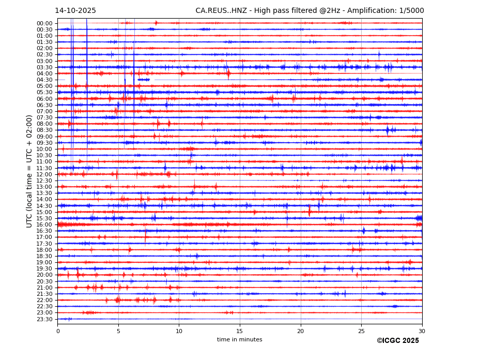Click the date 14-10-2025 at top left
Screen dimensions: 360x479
point(75,11)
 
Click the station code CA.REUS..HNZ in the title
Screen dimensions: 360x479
point(221,11)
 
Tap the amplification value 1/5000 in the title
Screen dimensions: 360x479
point(411,11)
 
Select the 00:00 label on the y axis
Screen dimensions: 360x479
point(44,23)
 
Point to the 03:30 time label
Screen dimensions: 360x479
point(44,67)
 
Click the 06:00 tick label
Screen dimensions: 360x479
point(44,99)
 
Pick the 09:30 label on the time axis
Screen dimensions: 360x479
point(44,143)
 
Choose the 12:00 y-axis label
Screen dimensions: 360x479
point(44,174)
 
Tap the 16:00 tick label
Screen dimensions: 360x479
point(44,224)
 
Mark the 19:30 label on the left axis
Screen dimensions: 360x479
point(44,269)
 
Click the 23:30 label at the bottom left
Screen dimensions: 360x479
point(44,319)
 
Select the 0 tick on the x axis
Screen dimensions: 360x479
point(58,331)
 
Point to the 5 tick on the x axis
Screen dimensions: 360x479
point(118,331)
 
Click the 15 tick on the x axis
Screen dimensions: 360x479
point(240,331)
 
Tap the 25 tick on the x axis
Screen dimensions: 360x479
point(361,331)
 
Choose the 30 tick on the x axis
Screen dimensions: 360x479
point(422,331)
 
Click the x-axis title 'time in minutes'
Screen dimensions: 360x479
point(240,340)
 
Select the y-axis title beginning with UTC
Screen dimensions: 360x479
point(30,171)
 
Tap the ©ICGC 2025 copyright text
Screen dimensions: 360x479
point(397,341)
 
